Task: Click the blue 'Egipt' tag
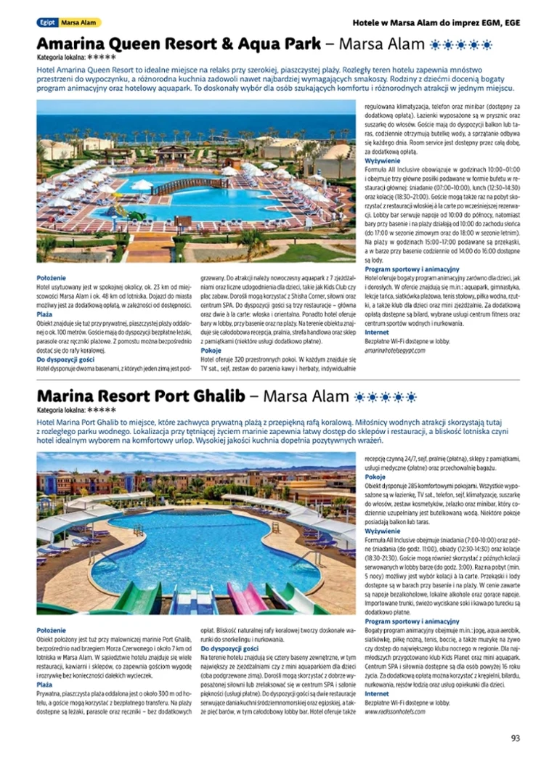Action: [46, 23]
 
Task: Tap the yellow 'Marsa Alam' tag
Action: [79, 23]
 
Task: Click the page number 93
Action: [515, 738]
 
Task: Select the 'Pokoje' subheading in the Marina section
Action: [375, 477]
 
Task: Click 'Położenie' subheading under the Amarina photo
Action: [52, 277]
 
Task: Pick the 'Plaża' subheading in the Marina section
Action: [44, 684]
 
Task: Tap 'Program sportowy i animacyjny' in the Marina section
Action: [412, 621]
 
